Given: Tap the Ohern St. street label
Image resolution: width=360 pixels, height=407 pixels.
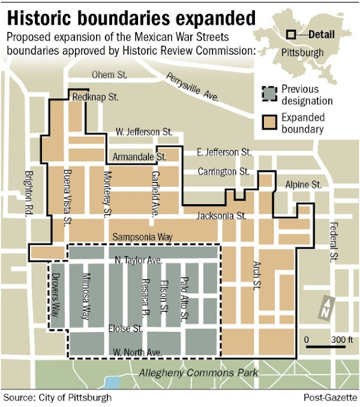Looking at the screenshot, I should click(108, 75).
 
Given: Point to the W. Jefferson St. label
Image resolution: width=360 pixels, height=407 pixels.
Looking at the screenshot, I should click(144, 132).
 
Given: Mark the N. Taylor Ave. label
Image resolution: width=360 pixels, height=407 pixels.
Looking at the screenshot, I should click(139, 261).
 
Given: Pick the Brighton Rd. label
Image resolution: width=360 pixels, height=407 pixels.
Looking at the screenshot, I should click(27, 195).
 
